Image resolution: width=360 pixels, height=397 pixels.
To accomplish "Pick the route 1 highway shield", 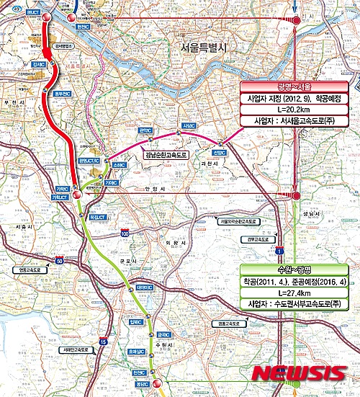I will point(278,250).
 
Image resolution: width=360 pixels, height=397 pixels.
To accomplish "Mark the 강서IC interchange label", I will point(39,65).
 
